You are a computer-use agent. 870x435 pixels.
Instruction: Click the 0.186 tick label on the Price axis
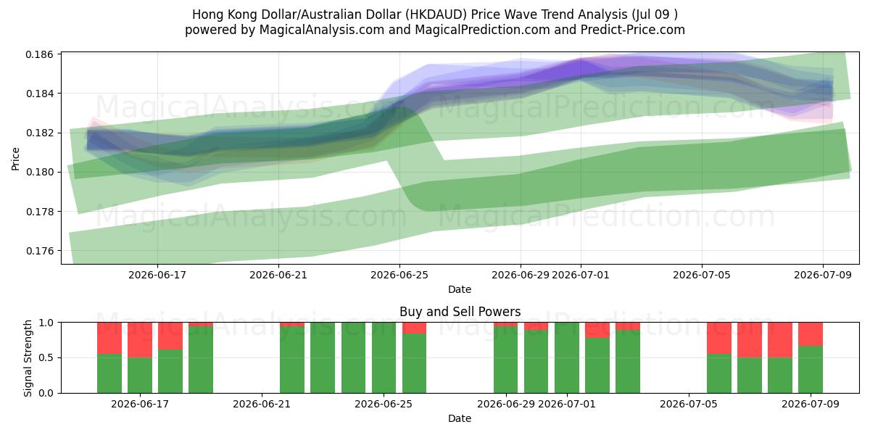click(40, 54)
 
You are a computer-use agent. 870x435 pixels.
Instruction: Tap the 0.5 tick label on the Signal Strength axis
click(46, 357)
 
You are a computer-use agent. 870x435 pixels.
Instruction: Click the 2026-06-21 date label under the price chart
click(278, 275)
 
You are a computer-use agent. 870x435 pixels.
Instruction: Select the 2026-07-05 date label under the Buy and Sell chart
click(689, 405)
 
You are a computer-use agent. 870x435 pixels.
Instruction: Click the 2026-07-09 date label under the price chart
click(823, 275)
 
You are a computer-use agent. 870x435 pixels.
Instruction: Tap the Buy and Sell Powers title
click(460, 312)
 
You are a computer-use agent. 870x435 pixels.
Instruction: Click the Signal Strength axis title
click(28, 358)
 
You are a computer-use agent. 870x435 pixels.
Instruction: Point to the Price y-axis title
click(15, 159)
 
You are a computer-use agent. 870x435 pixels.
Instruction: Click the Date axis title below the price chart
click(460, 289)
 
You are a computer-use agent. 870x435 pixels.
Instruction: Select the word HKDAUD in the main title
click(436, 14)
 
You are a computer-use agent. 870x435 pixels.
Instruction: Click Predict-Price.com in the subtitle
click(633, 30)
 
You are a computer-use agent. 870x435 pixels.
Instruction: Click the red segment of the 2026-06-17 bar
click(140, 340)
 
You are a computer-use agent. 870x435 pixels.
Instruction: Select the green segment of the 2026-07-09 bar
click(811, 369)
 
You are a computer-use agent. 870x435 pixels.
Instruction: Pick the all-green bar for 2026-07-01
click(567, 357)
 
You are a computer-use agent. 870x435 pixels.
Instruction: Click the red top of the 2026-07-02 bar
click(597, 330)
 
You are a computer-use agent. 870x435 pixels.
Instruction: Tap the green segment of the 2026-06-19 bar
click(201, 360)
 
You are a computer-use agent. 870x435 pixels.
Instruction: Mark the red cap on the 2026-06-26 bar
click(414, 328)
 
